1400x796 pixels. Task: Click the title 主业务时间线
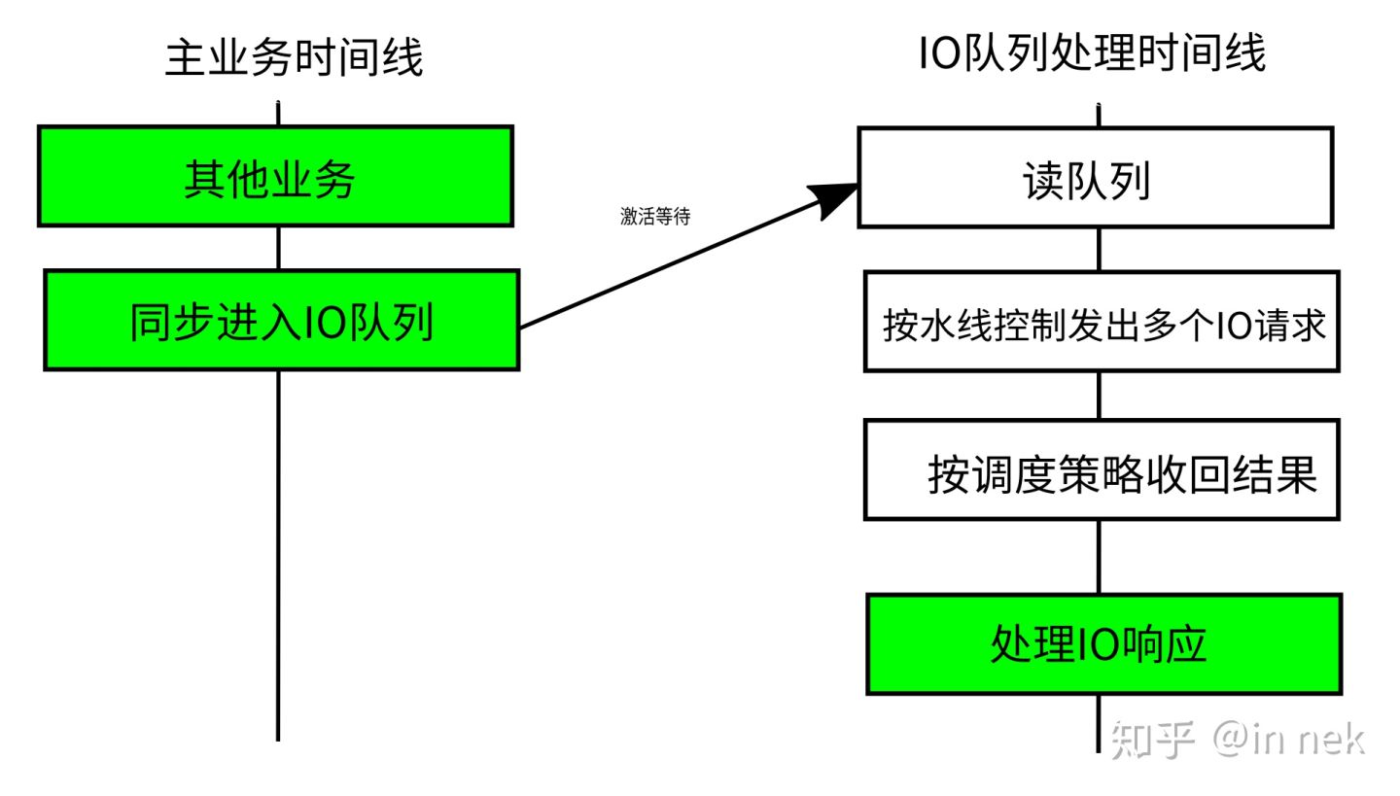click(x=294, y=57)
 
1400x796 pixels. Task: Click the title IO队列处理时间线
click(x=1092, y=52)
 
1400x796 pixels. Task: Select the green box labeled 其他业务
click(x=275, y=177)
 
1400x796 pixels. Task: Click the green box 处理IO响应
click(x=1103, y=644)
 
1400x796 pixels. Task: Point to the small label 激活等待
click(x=655, y=217)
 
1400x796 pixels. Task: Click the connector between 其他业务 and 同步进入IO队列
click(x=278, y=249)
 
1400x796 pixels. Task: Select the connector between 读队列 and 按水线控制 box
click(x=1099, y=250)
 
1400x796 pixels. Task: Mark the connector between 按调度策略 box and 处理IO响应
click(x=1099, y=557)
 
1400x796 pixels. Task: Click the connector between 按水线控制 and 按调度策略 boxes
click(x=1099, y=396)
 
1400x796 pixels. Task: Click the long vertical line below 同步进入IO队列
click(x=278, y=554)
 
